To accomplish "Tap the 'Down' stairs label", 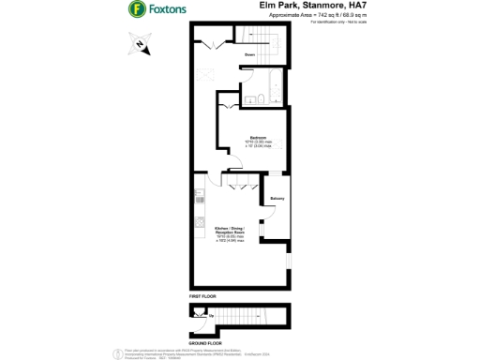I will point(249,55).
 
